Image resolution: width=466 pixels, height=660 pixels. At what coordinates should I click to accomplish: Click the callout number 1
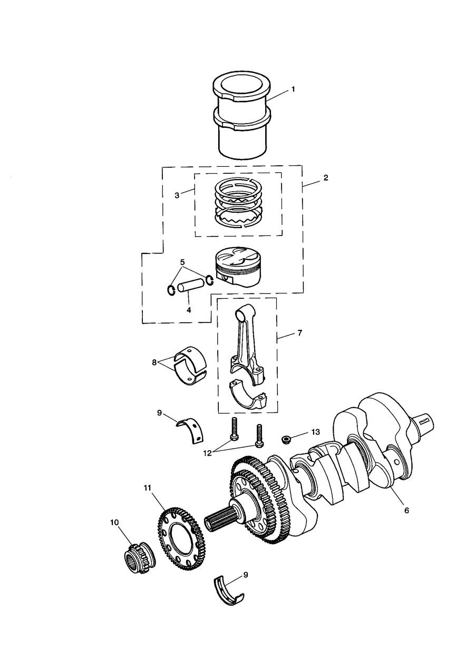[x=293, y=89]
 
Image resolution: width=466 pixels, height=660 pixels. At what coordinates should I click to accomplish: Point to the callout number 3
[x=177, y=195]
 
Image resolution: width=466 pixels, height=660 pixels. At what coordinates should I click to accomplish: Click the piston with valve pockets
[x=239, y=266]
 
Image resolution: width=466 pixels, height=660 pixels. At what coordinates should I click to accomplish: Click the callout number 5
[x=182, y=262]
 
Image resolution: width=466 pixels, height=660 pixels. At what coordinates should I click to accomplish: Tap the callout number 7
[x=300, y=333]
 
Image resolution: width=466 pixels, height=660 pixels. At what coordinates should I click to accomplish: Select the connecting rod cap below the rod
[x=249, y=398]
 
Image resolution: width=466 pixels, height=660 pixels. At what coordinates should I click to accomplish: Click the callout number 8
[x=154, y=363]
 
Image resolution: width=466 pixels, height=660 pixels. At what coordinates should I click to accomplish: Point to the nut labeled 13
[x=285, y=440]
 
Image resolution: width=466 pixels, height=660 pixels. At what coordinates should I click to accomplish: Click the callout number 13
[x=315, y=432]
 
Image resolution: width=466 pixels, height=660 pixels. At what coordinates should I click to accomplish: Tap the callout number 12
[x=207, y=453]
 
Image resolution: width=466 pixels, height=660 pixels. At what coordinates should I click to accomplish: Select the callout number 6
[x=406, y=511]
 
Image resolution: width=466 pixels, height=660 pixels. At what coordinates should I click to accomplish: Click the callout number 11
[x=147, y=488]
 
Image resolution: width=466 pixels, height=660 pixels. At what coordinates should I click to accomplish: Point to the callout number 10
[x=114, y=522]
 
